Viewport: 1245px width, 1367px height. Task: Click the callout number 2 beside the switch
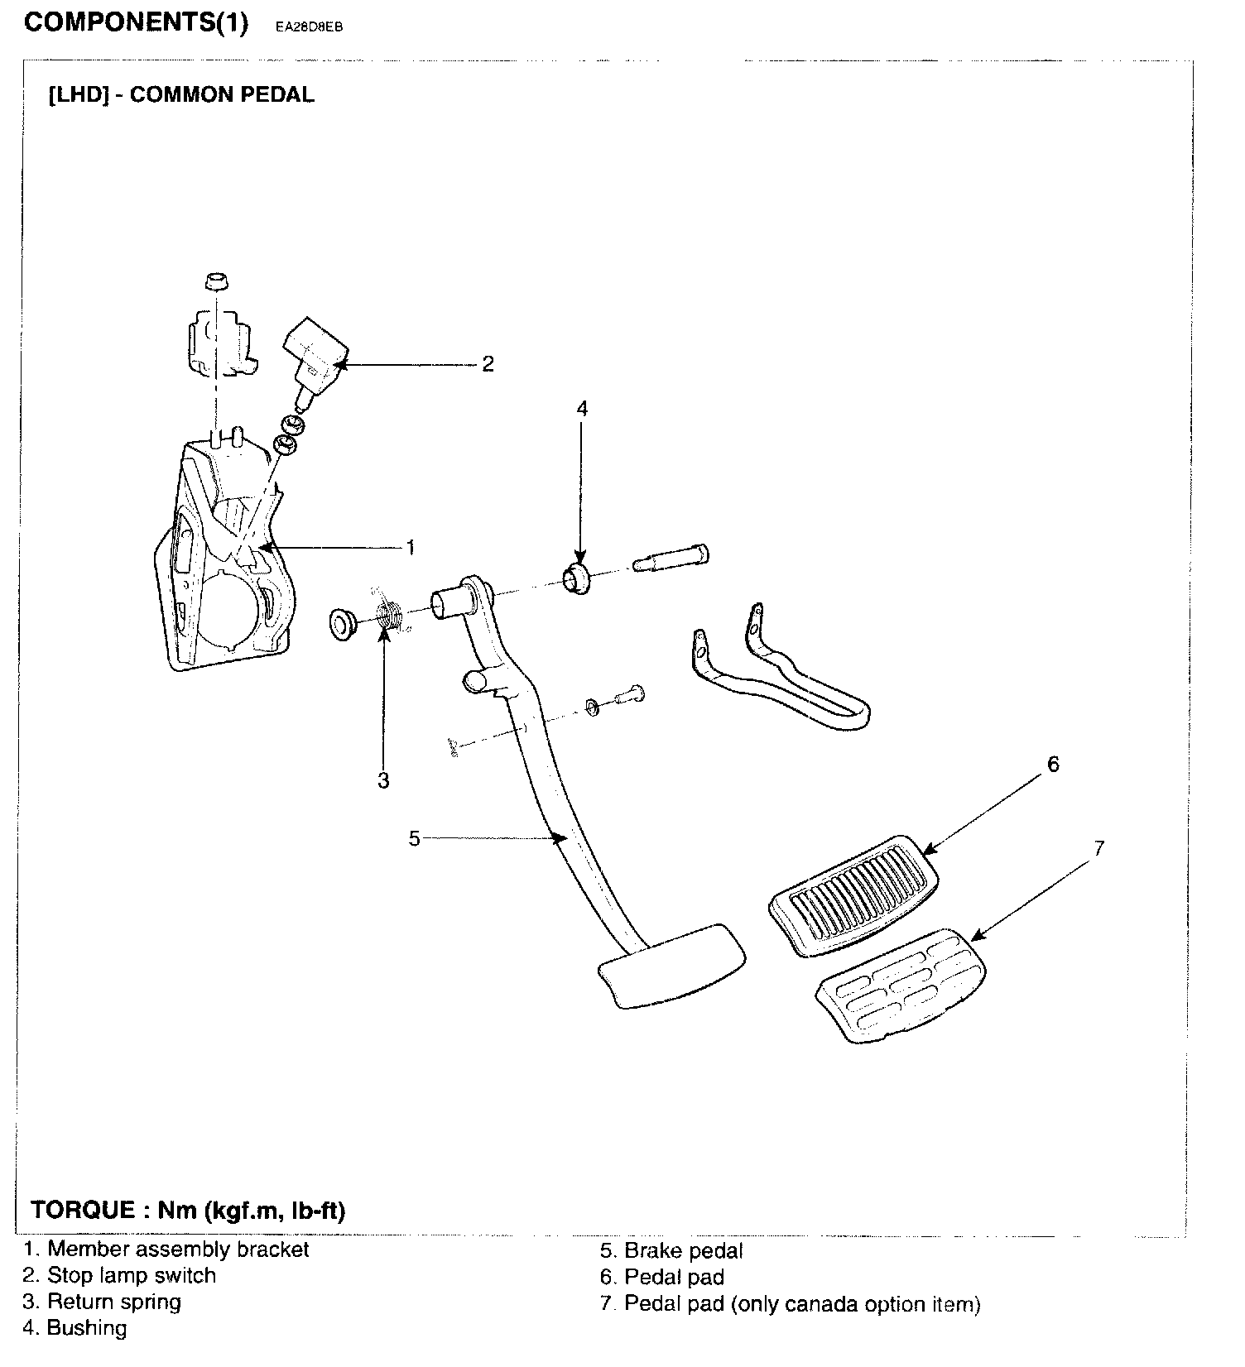[488, 364]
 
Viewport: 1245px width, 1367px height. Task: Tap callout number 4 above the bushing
[581, 409]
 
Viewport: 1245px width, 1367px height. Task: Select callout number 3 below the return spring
[383, 780]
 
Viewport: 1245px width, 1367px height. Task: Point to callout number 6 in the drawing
[1053, 765]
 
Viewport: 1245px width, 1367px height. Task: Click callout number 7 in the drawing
[1098, 848]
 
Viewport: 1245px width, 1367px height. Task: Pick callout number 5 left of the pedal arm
[415, 838]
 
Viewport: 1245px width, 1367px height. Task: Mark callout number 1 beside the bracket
[409, 547]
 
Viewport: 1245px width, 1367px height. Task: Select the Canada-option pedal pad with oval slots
[901, 984]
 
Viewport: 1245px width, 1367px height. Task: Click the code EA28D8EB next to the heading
[309, 26]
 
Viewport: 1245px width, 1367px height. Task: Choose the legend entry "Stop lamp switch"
[131, 1275]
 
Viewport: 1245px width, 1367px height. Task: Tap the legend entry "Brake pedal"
[683, 1251]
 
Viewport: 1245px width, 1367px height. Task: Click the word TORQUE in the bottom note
[83, 1211]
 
